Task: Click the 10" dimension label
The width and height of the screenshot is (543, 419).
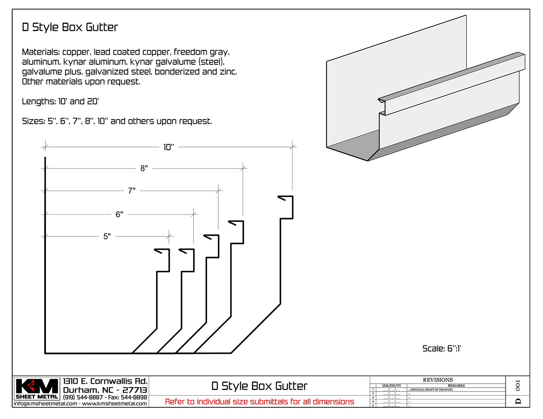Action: click(x=169, y=147)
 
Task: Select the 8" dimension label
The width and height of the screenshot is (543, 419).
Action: click(x=144, y=168)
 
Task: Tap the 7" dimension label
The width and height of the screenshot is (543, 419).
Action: click(x=132, y=191)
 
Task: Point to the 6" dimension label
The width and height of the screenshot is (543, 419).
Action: click(x=119, y=215)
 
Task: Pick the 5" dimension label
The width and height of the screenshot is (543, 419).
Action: click(x=107, y=236)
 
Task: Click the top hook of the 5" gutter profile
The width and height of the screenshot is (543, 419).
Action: click(x=162, y=251)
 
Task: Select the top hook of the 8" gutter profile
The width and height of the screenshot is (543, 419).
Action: click(x=236, y=223)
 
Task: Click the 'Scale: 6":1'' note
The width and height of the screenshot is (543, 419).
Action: click(x=442, y=348)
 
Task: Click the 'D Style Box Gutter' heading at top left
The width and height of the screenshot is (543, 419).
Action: click(x=70, y=27)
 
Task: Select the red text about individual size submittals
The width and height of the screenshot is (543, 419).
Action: click(x=259, y=402)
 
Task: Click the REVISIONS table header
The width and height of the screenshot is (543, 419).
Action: click(x=437, y=380)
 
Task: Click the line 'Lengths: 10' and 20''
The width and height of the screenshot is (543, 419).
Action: click(x=60, y=102)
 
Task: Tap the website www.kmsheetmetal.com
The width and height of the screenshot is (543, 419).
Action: click(x=115, y=404)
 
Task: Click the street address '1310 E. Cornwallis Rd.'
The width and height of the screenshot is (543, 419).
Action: click(x=105, y=381)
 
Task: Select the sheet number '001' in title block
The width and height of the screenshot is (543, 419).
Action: click(x=518, y=386)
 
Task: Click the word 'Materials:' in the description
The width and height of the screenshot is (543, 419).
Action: click(x=41, y=52)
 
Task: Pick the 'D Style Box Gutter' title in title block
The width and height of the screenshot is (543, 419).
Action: click(x=259, y=386)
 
